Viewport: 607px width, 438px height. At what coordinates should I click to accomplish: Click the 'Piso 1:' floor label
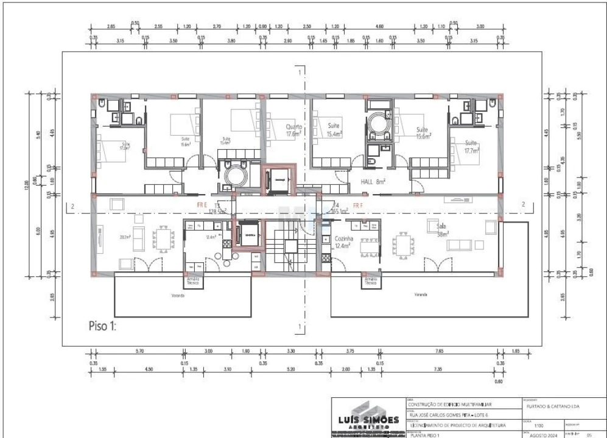(x=102, y=325)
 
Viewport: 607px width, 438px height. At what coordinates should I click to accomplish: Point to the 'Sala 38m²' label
(x=443, y=229)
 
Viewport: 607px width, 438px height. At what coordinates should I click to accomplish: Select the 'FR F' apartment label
(x=357, y=206)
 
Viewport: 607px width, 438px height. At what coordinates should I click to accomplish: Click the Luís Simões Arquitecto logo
(x=368, y=420)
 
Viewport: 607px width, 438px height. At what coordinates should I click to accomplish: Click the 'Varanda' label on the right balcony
(x=420, y=294)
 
